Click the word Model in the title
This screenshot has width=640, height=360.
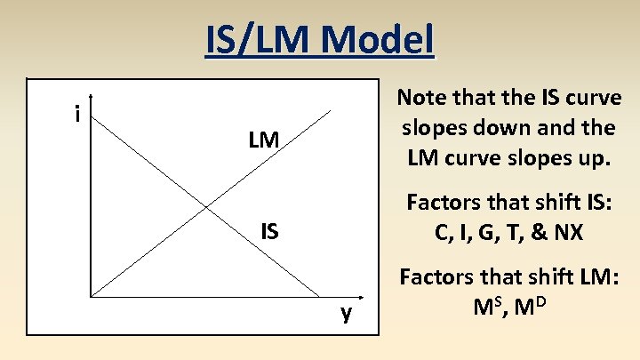pyautogui.click(x=379, y=40)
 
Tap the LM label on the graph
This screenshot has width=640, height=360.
pyautogui.click(x=264, y=140)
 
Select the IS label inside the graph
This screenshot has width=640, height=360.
pyautogui.click(x=269, y=233)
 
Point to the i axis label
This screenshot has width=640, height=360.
pyautogui.click(x=79, y=114)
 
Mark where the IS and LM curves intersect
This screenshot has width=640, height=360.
pyautogui.click(x=207, y=207)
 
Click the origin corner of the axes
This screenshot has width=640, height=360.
pyautogui.click(x=91, y=295)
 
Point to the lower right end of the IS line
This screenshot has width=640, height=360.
pyautogui.click(x=319, y=295)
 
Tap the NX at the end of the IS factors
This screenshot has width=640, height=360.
pyautogui.click(x=566, y=233)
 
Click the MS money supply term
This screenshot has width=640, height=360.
pyautogui.click(x=488, y=308)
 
